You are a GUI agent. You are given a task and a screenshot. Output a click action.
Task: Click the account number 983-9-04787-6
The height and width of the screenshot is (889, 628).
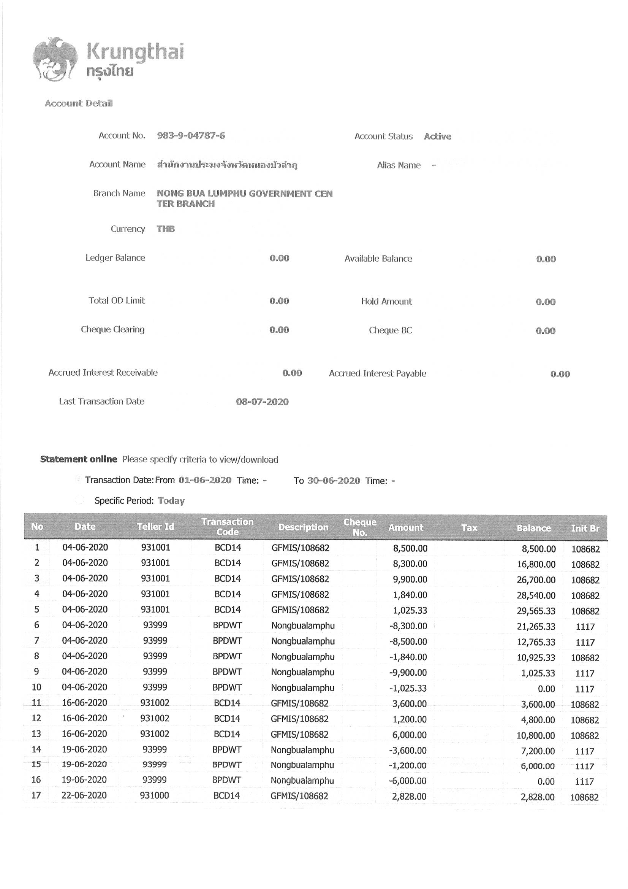pyautogui.click(x=191, y=135)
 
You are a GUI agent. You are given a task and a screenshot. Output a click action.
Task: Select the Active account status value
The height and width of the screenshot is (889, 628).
pyautogui.click(x=437, y=136)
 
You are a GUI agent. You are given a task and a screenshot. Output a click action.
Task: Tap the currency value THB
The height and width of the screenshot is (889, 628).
pyautogui.click(x=166, y=229)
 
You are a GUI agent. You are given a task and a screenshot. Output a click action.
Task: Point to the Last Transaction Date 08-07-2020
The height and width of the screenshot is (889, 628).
pyautogui.click(x=262, y=402)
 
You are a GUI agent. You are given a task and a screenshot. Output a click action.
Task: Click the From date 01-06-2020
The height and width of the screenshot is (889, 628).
pyautogui.click(x=205, y=480)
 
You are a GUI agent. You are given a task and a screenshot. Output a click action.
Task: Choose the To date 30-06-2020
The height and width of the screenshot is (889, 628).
pyautogui.click(x=333, y=481)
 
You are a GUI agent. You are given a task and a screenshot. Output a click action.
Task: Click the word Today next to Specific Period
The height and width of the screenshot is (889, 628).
pyautogui.click(x=171, y=501)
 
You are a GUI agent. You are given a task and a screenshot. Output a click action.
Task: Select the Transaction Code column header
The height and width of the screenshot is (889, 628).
pyautogui.click(x=227, y=527)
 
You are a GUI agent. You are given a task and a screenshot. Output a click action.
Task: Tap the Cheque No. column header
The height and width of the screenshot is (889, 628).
pyautogui.click(x=359, y=527)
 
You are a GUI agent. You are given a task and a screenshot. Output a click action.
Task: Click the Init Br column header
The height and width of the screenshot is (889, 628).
pyautogui.click(x=585, y=528)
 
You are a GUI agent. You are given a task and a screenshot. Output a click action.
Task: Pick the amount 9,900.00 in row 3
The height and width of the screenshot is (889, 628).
pyautogui.click(x=410, y=579)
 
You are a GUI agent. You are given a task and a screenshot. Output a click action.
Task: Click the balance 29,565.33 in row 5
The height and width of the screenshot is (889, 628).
pyautogui.click(x=536, y=611)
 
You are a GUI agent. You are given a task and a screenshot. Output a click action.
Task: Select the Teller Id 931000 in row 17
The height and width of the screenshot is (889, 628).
pyautogui.click(x=154, y=796)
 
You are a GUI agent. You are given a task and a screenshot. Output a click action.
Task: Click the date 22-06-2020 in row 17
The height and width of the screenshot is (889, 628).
pyautogui.click(x=84, y=795)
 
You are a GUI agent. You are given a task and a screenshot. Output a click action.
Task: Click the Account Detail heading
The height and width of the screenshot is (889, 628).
pyautogui.click(x=79, y=103)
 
